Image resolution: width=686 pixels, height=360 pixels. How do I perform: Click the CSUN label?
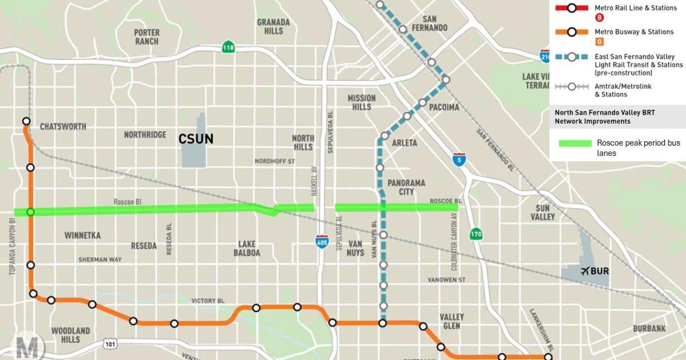pyautogui.click(x=196, y=139)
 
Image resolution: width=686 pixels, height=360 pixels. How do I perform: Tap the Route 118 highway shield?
pyautogui.click(x=229, y=47)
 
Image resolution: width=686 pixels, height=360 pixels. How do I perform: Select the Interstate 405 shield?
pyautogui.click(x=322, y=241)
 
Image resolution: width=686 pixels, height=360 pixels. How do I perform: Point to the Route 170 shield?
pyautogui.click(x=476, y=234)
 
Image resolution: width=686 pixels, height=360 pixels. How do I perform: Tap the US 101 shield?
pyautogui.click(x=110, y=343)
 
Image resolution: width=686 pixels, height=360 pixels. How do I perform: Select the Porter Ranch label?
pyautogui.click(x=147, y=37)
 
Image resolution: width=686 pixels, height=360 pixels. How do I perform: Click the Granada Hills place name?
pyautogui.click(x=273, y=26)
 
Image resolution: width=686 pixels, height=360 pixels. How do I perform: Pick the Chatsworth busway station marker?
pyautogui.click(x=26, y=121)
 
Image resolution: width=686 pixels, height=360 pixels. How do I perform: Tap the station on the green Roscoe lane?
pyautogui.click(x=31, y=212)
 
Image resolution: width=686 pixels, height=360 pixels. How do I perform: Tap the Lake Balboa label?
pyautogui.click(x=247, y=249)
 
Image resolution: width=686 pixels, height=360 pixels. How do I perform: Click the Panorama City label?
pyautogui.click(x=406, y=187)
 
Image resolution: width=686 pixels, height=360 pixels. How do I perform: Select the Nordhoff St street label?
pyautogui.click(x=274, y=162)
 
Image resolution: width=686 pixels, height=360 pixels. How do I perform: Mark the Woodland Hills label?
pyautogui.click(x=70, y=335)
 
